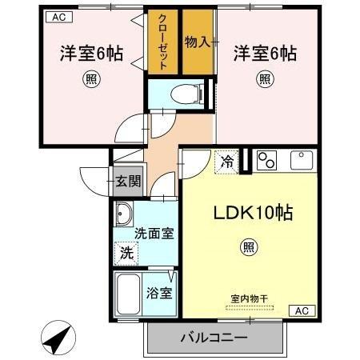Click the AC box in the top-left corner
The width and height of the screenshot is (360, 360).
pyautogui.click(x=58, y=15)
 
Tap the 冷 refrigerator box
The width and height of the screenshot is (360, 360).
pyautogui.click(x=227, y=161)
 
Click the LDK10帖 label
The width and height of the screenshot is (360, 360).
pyautogui.click(x=251, y=214)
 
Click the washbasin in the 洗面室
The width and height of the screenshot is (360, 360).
pyautogui.click(x=125, y=214)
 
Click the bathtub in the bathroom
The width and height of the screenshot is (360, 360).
pyautogui.click(x=128, y=294)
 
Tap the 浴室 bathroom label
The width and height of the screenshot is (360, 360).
pyautogui.click(x=159, y=292)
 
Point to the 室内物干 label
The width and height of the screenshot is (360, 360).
pyautogui.click(x=249, y=298)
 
